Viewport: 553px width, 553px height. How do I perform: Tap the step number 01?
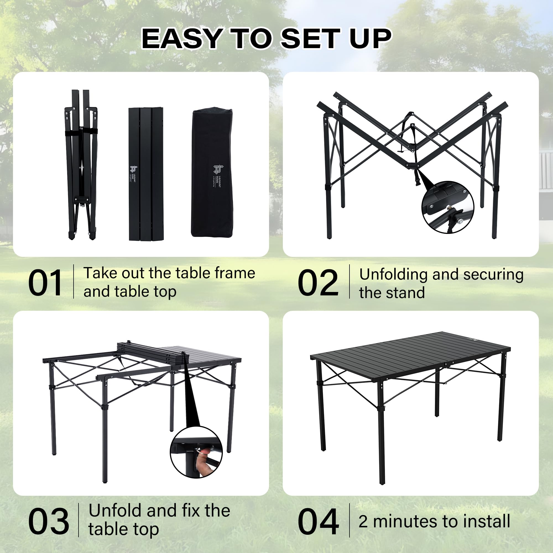point(45,283)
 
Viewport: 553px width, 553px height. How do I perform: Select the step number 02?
point(318,283)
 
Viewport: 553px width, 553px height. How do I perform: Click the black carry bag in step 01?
point(212,173)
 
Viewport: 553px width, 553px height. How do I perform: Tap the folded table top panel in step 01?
point(146,174)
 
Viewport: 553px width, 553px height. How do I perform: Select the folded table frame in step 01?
point(81,165)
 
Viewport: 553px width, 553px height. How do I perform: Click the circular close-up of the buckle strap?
point(447,207)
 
